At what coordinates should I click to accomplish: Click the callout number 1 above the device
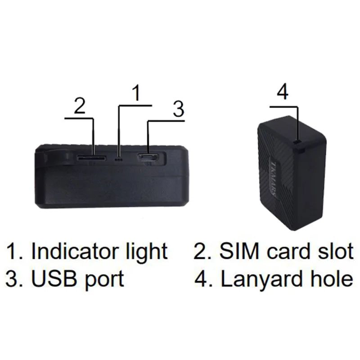coord(135,94)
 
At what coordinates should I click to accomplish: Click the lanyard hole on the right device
coord(297,143)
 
